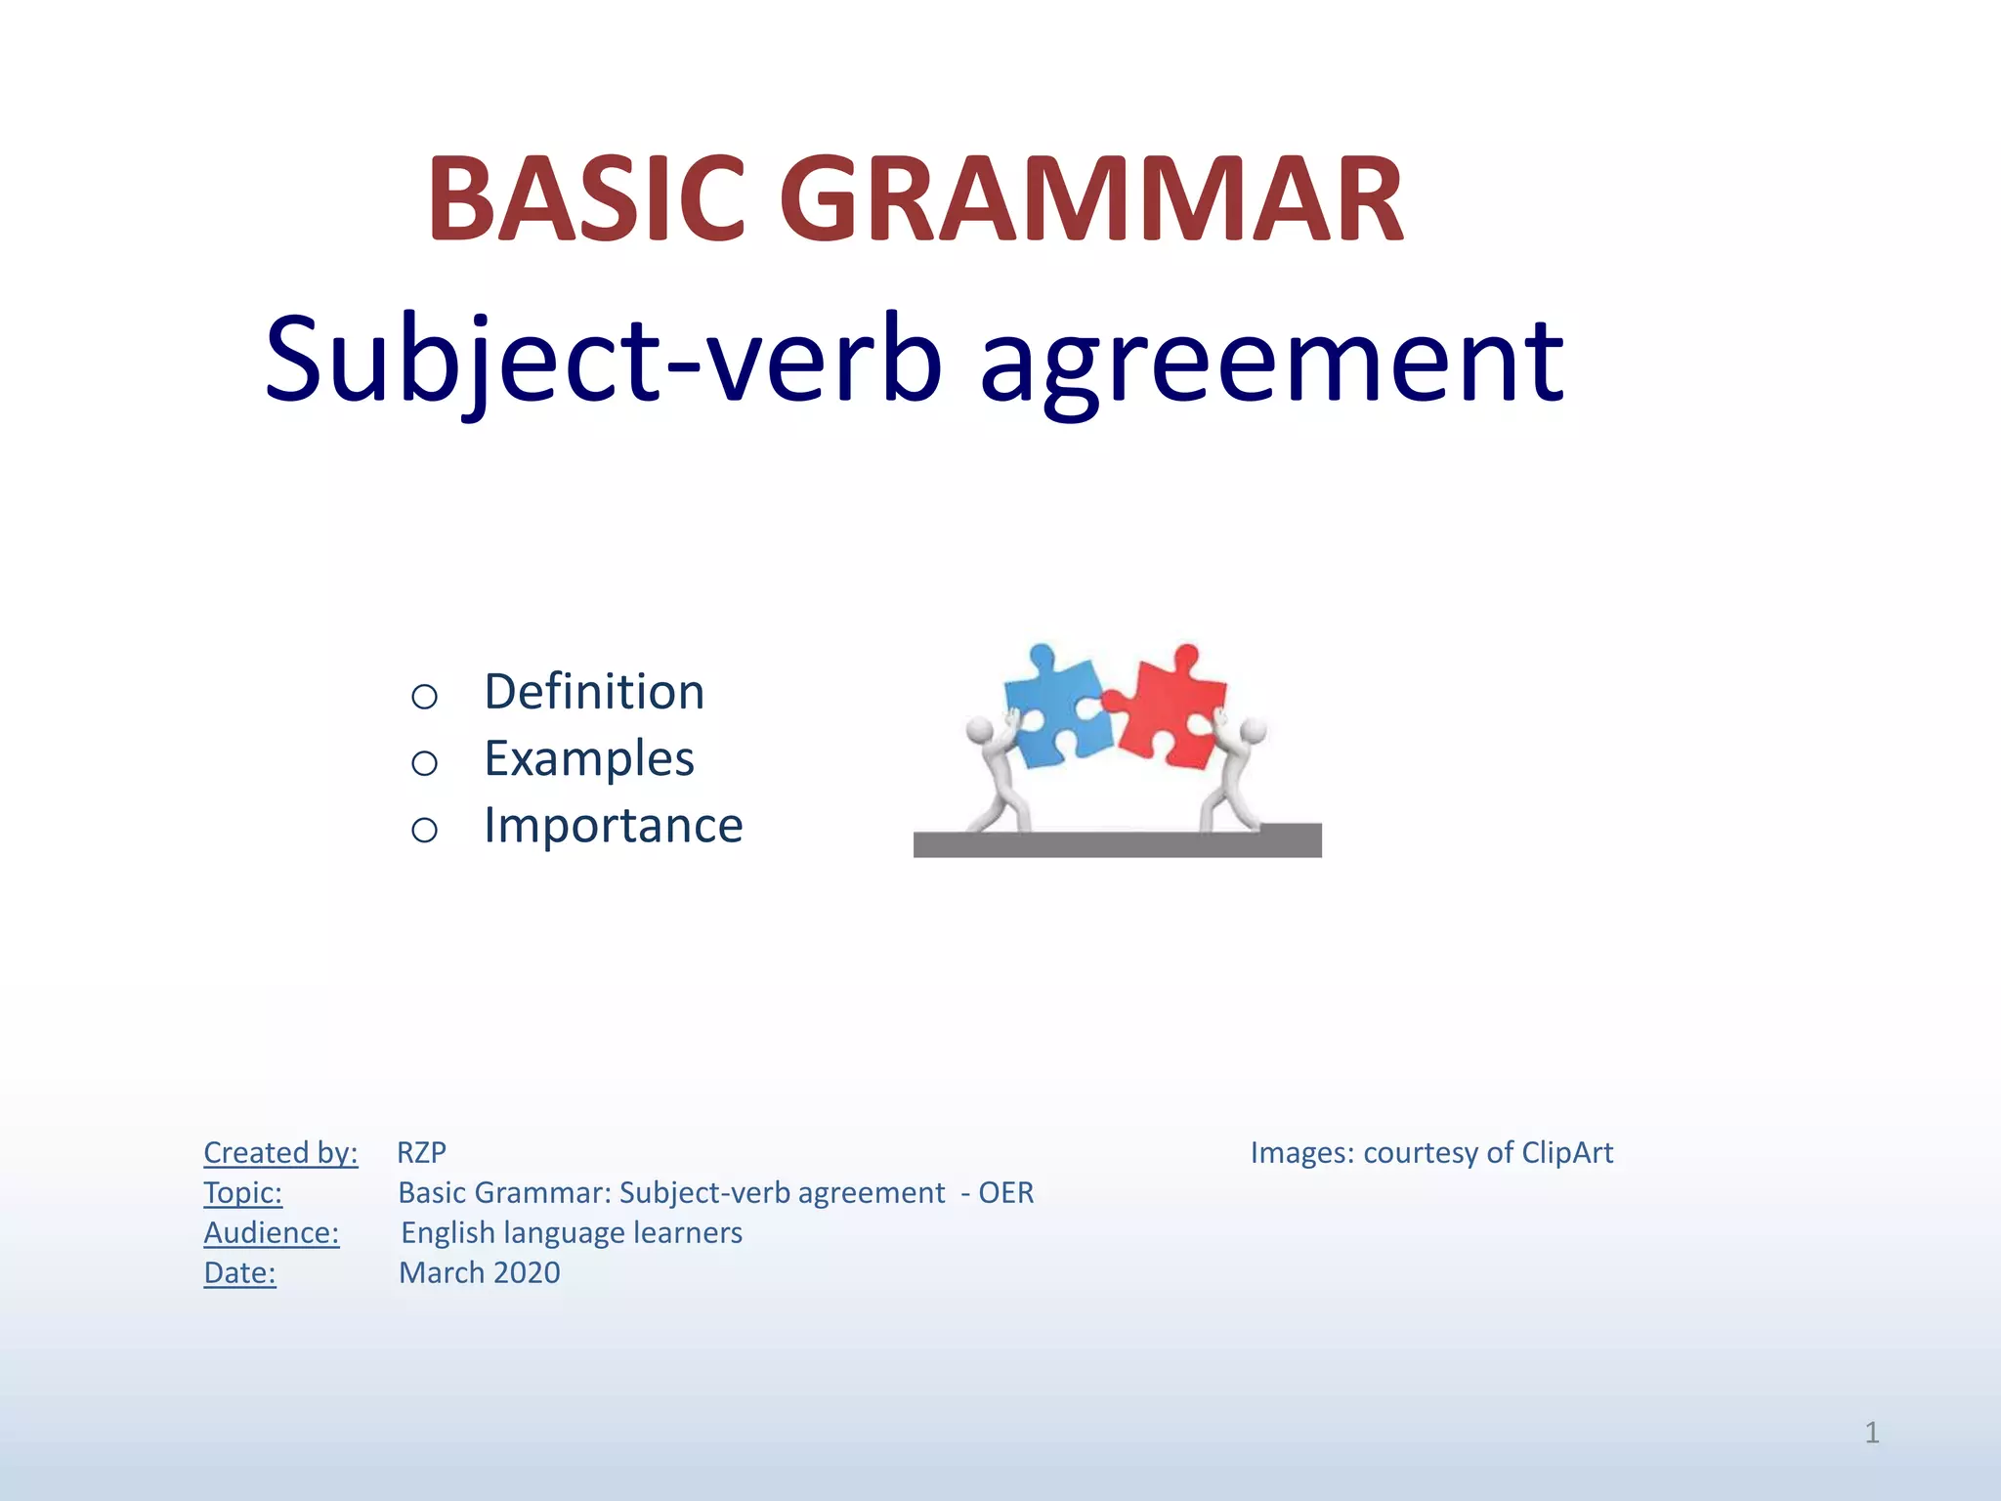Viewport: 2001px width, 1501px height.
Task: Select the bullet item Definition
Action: pos(594,692)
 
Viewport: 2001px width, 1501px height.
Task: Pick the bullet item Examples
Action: pos(589,758)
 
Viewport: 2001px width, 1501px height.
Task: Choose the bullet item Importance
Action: pos(614,825)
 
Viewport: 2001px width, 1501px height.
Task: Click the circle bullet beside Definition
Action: pos(424,697)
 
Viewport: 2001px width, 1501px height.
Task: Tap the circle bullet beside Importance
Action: pos(424,830)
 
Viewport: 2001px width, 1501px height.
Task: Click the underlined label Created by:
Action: pos(280,1153)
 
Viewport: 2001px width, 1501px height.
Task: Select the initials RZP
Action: pos(421,1153)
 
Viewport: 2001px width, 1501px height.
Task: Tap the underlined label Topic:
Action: pos(242,1193)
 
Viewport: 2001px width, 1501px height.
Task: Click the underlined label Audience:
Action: pos(271,1233)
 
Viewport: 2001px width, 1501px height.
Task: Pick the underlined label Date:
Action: pos(239,1273)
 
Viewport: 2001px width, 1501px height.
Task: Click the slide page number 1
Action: pos(1871,1433)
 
